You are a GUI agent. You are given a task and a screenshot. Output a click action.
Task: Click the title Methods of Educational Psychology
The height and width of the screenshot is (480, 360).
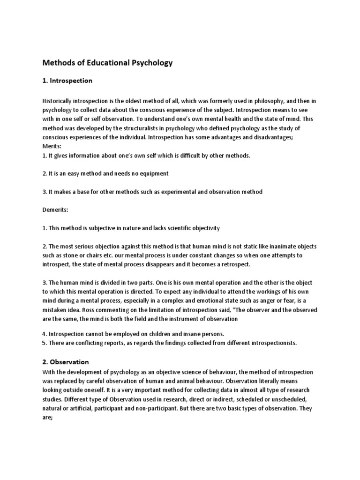[x=108, y=62]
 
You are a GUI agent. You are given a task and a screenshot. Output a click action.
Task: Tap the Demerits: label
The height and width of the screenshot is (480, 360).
[x=55, y=210]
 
